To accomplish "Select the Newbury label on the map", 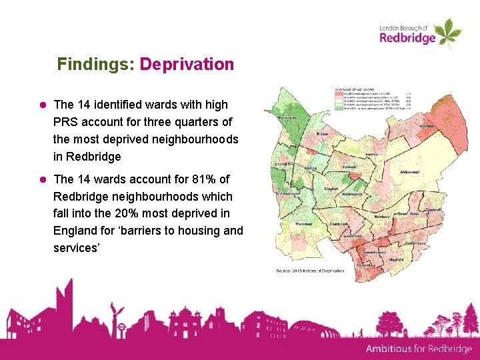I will coord(382,217).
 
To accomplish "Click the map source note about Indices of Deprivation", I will coord(311,271).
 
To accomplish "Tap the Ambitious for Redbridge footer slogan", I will coord(419,349).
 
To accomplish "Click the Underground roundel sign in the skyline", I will coord(121,327).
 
